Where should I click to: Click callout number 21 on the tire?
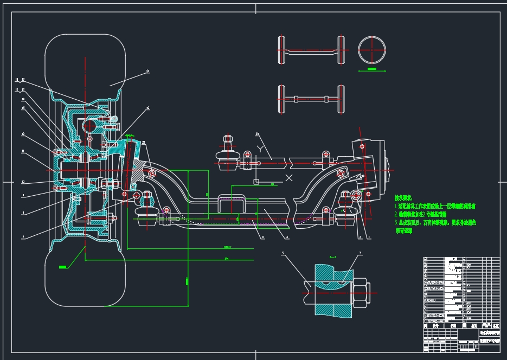pyautogui.click(x=147, y=71)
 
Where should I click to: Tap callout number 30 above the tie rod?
pyautogui.click(x=256, y=133)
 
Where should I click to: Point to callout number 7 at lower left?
pyautogui.click(x=23, y=237)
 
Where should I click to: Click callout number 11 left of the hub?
pyautogui.click(x=23, y=152)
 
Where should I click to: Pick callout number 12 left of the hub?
pyautogui.click(x=23, y=134)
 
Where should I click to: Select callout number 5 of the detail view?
pyautogui.click(x=283, y=253)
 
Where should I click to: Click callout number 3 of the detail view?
pyautogui.click(x=360, y=253)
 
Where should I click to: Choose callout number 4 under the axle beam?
pyautogui.click(x=287, y=236)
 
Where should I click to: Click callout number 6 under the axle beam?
pyautogui.click(x=262, y=236)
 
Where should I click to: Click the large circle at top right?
pyautogui.click(x=372, y=50)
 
